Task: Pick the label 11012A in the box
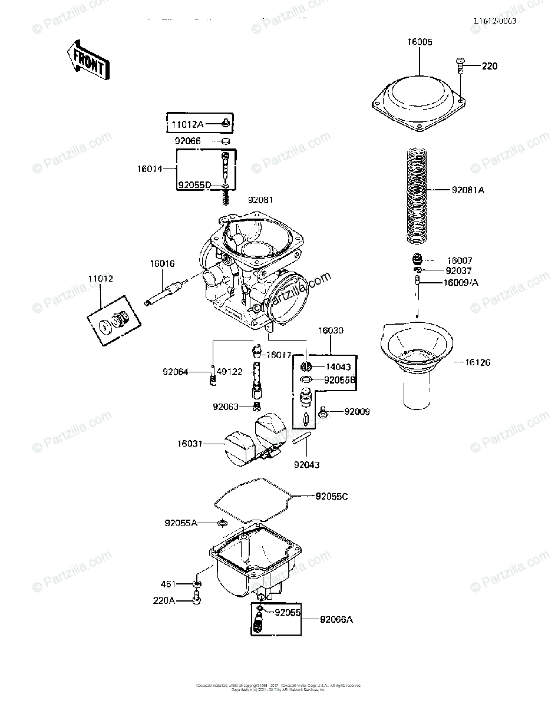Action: coord(187,125)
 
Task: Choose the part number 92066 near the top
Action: coord(187,141)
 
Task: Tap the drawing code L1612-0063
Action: coord(494,21)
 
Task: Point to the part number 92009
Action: coord(357,411)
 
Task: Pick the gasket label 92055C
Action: coord(332,497)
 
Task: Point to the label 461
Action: coord(169,584)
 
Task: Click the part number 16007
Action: coord(460,260)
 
